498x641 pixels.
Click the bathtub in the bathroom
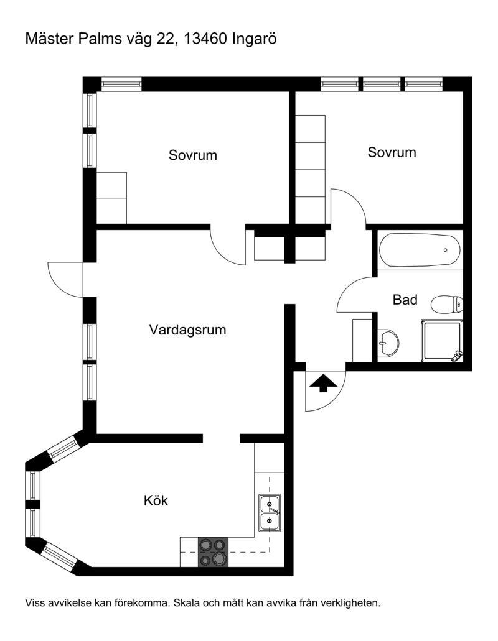click(x=420, y=250)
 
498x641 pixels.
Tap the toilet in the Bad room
click(x=447, y=304)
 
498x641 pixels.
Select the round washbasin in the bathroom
click(x=388, y=343)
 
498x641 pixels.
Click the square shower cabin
click(x=442, y=341)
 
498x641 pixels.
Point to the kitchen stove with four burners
click(x=213, y=552)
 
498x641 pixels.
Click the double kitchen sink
click(x=270, y=513)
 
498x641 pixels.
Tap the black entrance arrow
click(x=323, y=382)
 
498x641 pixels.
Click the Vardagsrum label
click(x=187, y=330)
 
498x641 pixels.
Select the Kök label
click(x=156, y=500)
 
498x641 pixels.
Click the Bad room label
click(x=405, y=300)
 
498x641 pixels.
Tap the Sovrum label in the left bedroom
click(x=193, y=155)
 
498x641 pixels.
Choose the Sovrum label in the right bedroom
click(x=392, y=152)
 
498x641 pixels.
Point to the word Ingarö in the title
click(x=254, y=39)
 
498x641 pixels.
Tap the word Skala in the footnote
click(x=184, y=602)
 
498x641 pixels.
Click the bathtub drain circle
click(x=445, y=250)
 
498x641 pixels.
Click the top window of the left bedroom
click(x=121, y=84)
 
